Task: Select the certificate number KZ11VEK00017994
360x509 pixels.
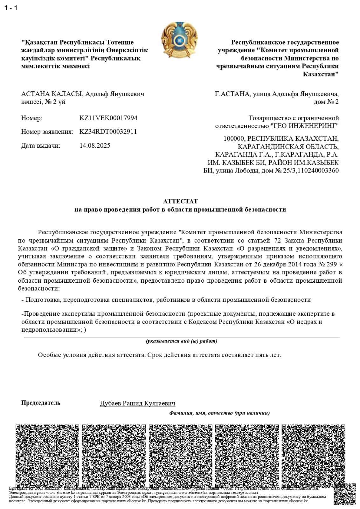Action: coord(108,118)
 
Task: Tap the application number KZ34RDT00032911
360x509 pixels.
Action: coord(108,132)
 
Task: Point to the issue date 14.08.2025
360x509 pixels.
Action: coord(95,145)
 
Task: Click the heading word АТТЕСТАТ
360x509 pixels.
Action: coord(180,201)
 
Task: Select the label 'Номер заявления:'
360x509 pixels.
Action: coord(47,132)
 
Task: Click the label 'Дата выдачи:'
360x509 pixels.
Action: coord(40,145)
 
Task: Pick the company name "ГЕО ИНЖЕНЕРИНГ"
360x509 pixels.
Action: coord(305,126)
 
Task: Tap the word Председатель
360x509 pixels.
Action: coord(40,403)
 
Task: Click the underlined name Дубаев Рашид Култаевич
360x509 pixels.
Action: coord(137,403)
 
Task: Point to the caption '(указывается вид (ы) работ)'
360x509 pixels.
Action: coord(181,341)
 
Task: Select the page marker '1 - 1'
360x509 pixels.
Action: coord(11,8)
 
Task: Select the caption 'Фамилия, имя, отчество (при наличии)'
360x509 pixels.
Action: coord(219,413)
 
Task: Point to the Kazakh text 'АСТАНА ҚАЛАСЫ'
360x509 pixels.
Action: coord(51,94)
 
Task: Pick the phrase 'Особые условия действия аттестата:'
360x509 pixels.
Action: coord(92,355)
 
